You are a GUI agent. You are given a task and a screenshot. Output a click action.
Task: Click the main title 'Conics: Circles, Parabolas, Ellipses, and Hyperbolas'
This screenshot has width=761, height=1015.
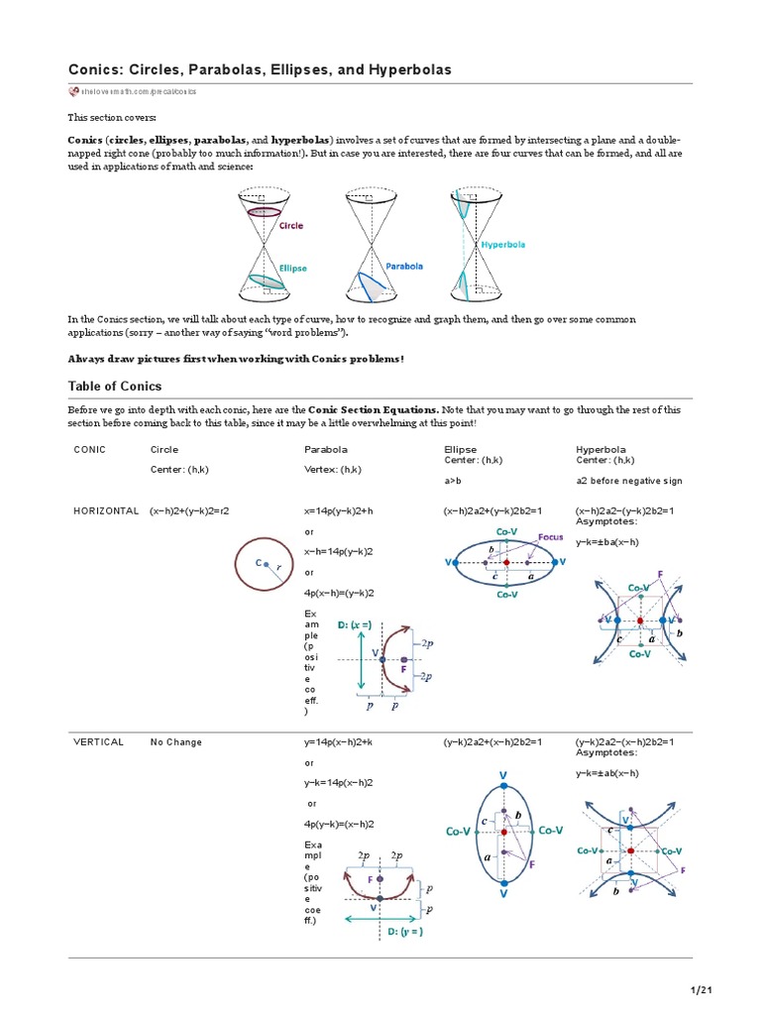[x=259, y=69]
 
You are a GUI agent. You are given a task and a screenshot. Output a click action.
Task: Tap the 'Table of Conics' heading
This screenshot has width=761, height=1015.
[x=114, y=386]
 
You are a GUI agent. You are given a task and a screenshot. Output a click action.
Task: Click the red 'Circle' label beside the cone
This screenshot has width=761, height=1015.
[x=291, y=225]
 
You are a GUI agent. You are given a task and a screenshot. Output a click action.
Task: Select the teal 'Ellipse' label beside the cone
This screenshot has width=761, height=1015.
[x=292, y=268]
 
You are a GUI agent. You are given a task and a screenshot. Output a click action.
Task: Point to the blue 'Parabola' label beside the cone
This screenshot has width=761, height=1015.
[x=404, y=266]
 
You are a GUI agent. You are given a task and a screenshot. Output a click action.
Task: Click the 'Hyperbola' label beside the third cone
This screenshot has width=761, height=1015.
[x=503, y=244]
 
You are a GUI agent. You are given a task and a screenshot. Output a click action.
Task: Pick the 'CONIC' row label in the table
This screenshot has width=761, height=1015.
[x=89, y=449]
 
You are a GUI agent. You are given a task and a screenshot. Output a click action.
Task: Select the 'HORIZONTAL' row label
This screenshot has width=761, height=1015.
[x=106, y=510]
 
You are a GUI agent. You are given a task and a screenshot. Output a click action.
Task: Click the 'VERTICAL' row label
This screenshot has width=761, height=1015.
[x=97, y=741]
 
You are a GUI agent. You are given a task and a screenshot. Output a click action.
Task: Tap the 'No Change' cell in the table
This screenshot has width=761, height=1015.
[x=176, y=741]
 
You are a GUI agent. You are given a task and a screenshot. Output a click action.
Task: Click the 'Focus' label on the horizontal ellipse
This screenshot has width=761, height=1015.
[x=551, y=537]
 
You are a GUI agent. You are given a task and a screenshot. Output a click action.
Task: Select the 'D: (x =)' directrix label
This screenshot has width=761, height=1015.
[x=355, y=624]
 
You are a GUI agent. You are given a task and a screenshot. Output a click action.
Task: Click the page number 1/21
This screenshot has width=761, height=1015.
[x=702, y=990]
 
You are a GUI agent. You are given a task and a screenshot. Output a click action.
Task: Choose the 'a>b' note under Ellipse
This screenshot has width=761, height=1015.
[x=455, y=481]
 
